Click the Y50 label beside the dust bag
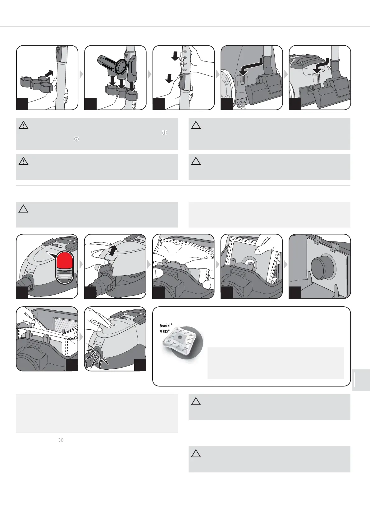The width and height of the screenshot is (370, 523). coord(165,331)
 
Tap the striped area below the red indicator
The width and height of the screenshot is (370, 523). coord(65,276)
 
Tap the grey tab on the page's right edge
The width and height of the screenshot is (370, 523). coord(361,380)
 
